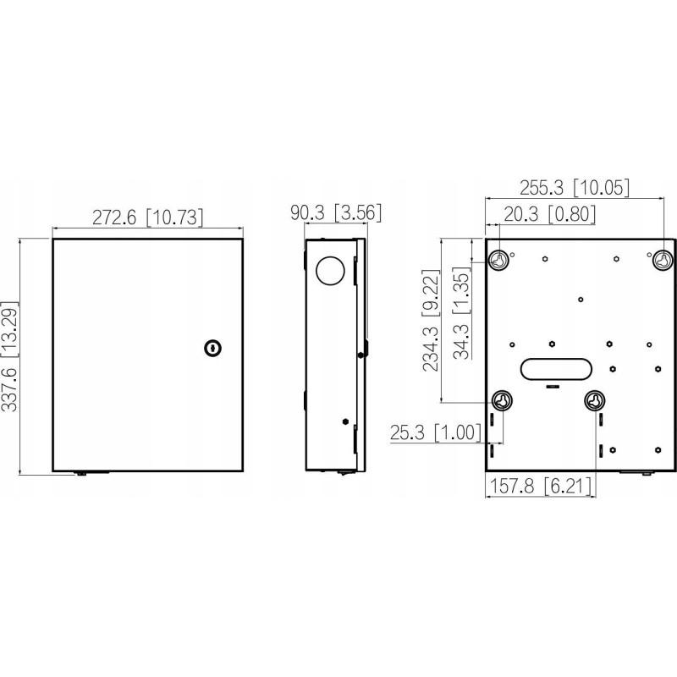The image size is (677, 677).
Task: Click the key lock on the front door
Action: click(212, 348)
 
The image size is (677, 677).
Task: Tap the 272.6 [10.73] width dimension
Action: click(147, 217)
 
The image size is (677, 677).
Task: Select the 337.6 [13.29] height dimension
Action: click(9, 356)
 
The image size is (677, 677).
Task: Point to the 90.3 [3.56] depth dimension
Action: click(336, 213)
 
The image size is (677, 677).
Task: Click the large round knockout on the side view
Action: click(330, 270)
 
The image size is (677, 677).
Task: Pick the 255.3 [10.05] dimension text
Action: click(575, 188)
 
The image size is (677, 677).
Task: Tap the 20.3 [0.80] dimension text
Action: click(549, 214)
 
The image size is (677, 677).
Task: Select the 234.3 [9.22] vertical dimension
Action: click(431, 320)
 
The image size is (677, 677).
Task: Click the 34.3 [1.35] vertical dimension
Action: click(461, 312)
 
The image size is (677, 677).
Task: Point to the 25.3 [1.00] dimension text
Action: click(435, 432)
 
